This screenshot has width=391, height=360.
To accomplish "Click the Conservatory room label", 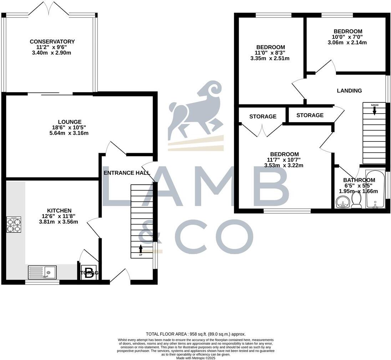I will pos(52,42).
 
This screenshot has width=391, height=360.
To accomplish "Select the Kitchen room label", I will pos(59,211).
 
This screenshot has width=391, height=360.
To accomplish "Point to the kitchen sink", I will pos(42,272).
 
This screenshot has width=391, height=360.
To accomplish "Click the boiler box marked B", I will pos(89,273).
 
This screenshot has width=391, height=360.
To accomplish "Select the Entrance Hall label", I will pos(127,173).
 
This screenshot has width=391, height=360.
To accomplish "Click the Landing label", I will pos(349,91).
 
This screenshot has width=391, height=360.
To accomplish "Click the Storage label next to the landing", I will pos(310,115).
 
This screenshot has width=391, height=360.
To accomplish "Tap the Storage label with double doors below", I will pos(263,116).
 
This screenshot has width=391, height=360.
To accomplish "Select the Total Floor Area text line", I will pos(195,334).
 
